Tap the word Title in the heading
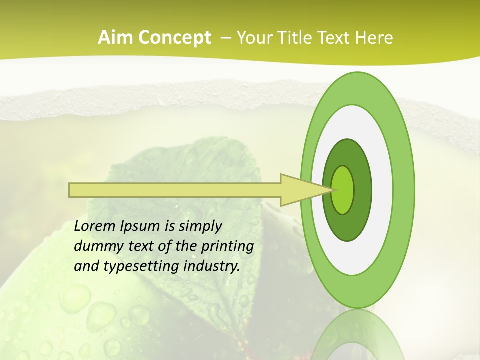(299, 38)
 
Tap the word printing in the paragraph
(227, 246)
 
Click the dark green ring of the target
(362, 190)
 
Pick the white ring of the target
(382, 190)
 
